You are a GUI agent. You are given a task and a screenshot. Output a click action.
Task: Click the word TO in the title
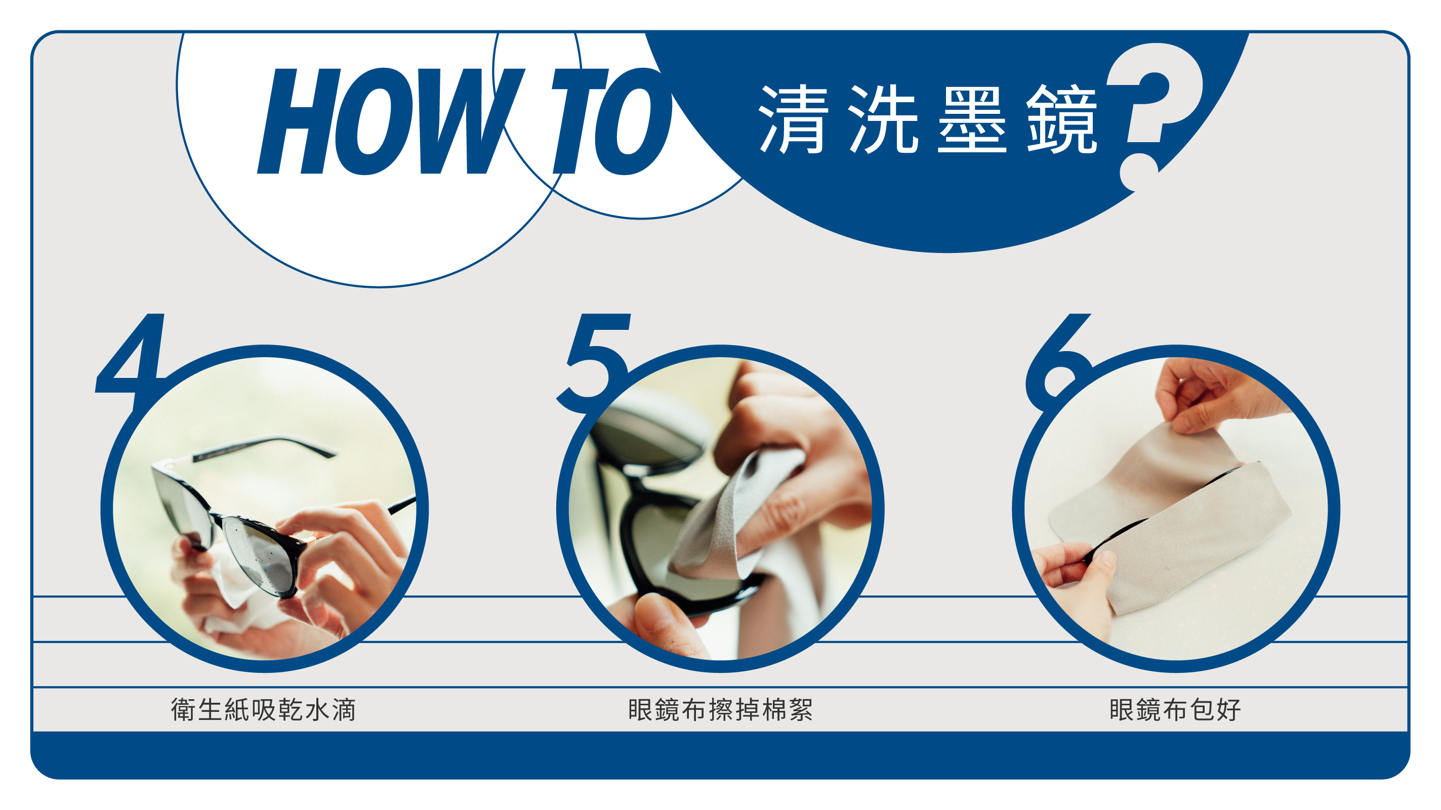(612, 121)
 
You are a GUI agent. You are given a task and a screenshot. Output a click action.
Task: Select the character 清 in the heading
(793, 119)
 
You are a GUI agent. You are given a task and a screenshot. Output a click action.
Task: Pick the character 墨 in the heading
(972, 119)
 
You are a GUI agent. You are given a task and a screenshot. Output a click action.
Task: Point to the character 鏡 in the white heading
(1061, 119)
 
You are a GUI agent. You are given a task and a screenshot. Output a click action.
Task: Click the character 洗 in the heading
(883, 119)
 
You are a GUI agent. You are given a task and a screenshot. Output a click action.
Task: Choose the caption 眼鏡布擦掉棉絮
(720, 710)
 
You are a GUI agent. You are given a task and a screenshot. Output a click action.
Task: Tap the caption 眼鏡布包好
(1175, 710)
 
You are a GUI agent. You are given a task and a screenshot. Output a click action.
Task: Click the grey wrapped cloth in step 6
(1169, 515)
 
